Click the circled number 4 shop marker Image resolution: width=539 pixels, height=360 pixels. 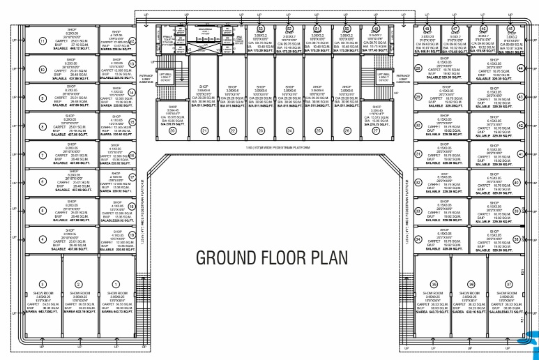(43, 238)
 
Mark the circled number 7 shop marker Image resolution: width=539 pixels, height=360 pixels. (43, 154)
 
